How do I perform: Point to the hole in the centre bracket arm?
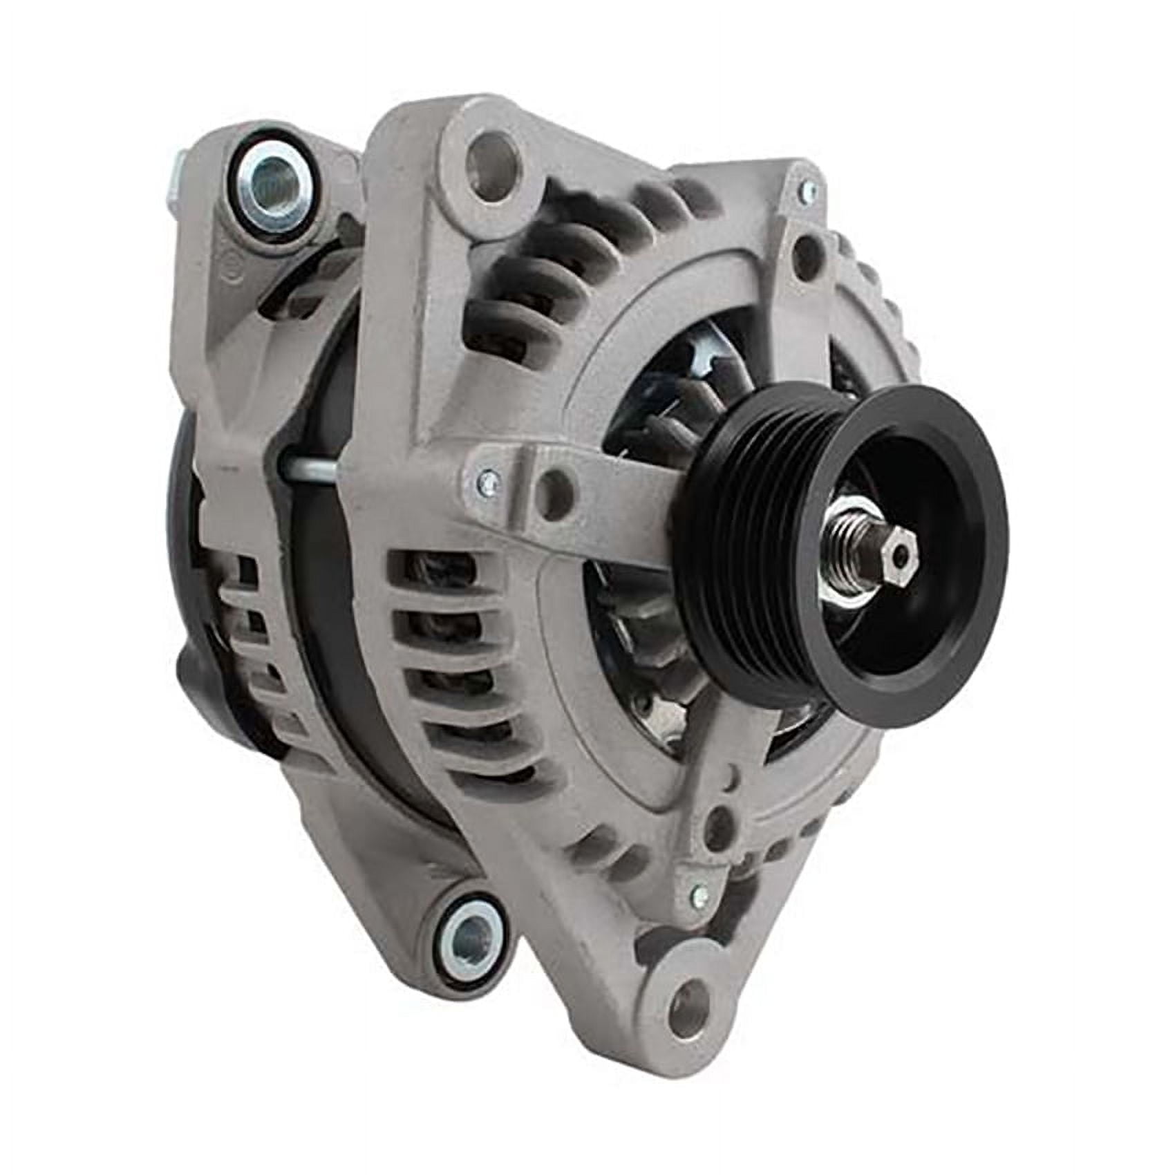point(558,491)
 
